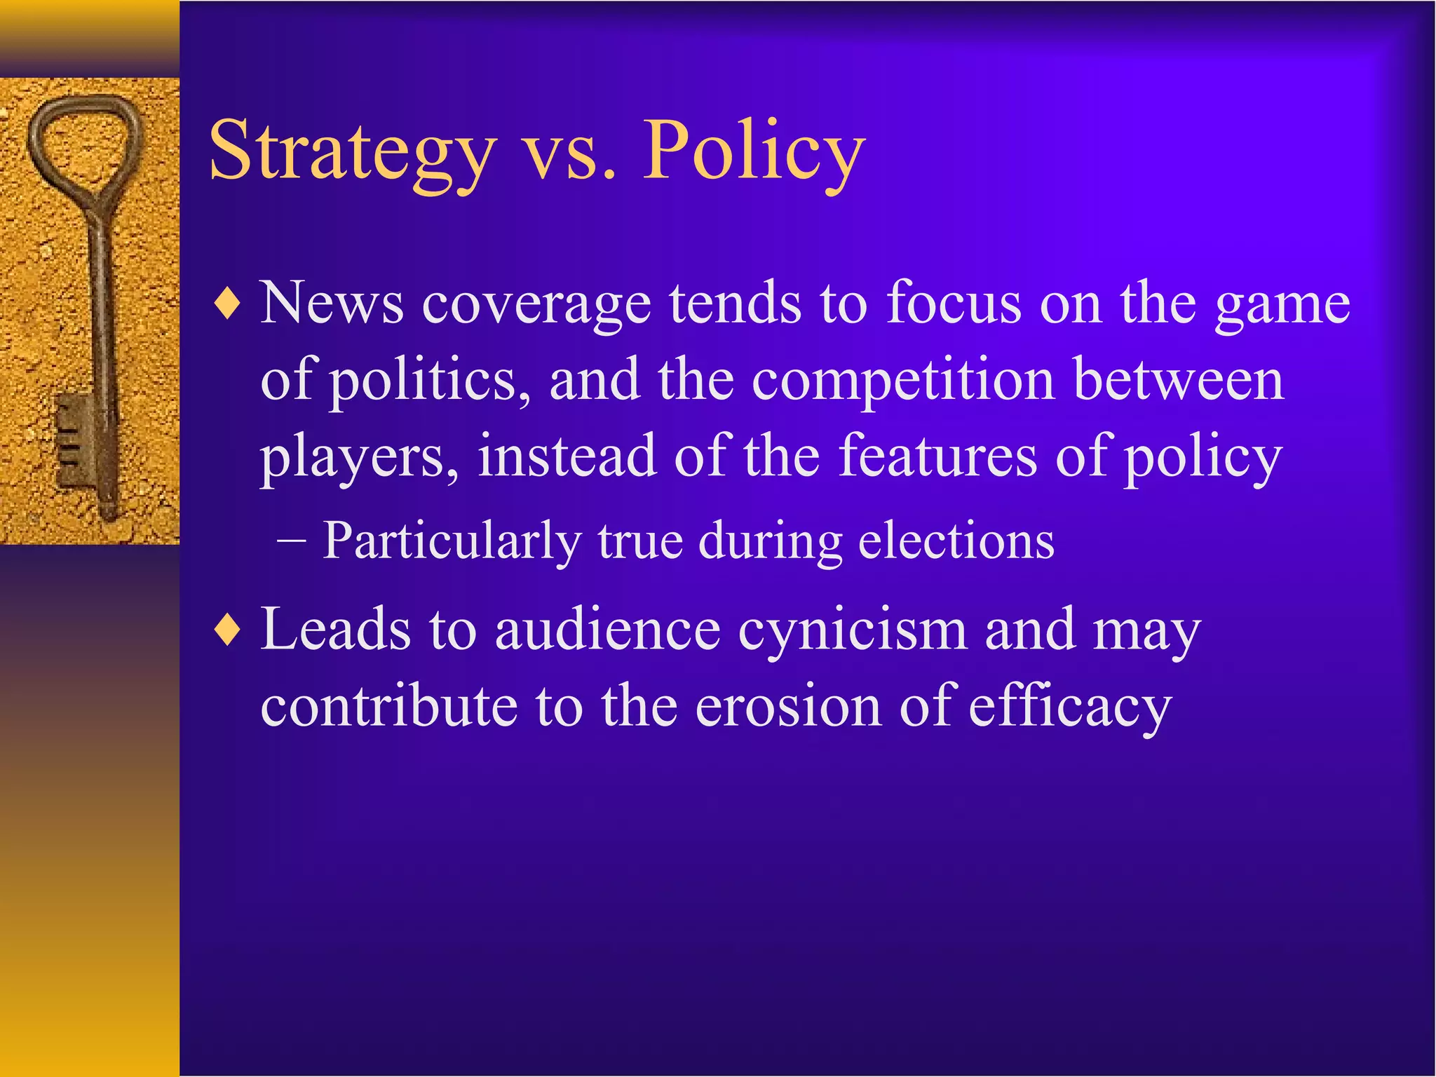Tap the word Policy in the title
[x=753, y=151]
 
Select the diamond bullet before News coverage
[x=228, y=305]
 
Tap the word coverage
[x=536, y=306]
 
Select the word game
[x=1282, y=306]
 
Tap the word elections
[x=956, y=541]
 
